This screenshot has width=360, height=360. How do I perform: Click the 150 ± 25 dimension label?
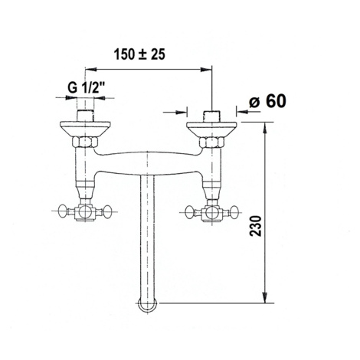pyautogui.click(x=139, y=54)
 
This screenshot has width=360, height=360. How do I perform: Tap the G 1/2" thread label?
pyautogui.click(x=87, y=88)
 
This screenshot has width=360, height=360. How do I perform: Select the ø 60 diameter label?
pyautogui.click(x=267, y=101)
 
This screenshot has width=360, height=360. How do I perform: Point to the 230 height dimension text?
pyautogui.click(x=256, y=226)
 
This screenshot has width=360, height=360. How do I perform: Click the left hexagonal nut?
pyautogui.click(x=85, y=142)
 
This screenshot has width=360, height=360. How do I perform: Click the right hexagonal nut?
pyautogui.click(x=212, y=142)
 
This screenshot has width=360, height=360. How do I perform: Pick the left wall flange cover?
pyautogui.click(x=85, y=129)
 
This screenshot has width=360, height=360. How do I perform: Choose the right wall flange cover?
pyautogui.click(x=212, y=129)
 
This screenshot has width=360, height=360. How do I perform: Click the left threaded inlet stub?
pyautogui.click(x=85, y=116)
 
